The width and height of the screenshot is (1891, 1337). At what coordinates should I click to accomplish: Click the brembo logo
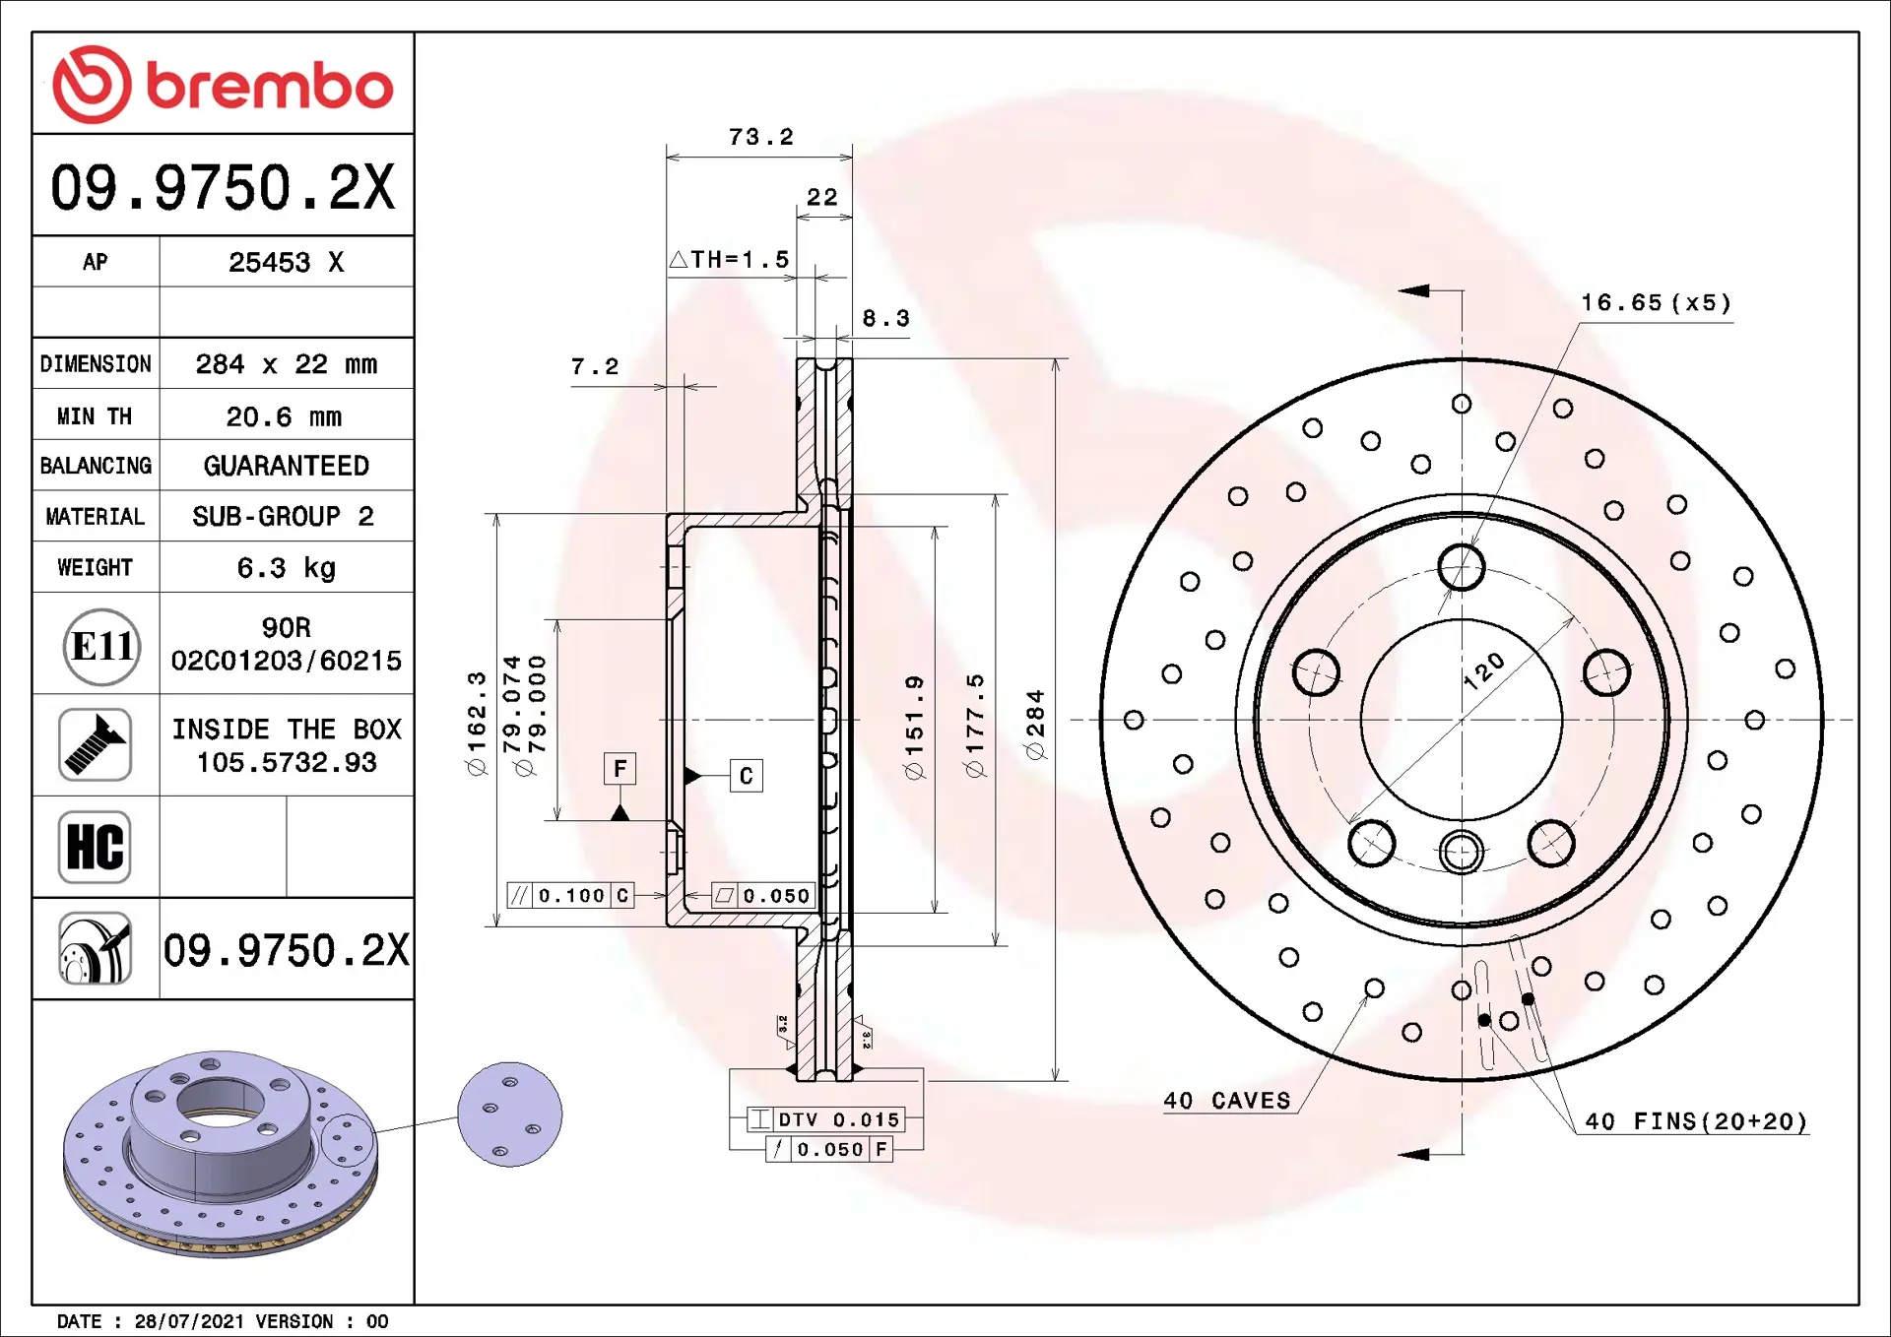(223, 85)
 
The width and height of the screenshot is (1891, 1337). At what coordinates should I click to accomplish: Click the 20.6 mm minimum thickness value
(285, 416)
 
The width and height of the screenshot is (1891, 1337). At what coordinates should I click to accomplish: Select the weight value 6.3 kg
(287, 568)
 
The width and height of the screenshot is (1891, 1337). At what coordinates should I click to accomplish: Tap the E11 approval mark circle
(101, 647)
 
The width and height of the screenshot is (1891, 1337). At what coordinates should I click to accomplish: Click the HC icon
(95, 847)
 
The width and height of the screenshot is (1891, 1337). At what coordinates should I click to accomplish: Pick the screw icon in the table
(95, 744)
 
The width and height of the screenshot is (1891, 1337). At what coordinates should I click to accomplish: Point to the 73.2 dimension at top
(760, 137)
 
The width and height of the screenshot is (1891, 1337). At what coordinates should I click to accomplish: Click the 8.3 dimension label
(885, 318)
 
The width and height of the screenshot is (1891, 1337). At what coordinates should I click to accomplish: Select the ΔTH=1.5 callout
(729, 259)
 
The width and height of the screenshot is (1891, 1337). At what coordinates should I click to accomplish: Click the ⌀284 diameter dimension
(1034, 725)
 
